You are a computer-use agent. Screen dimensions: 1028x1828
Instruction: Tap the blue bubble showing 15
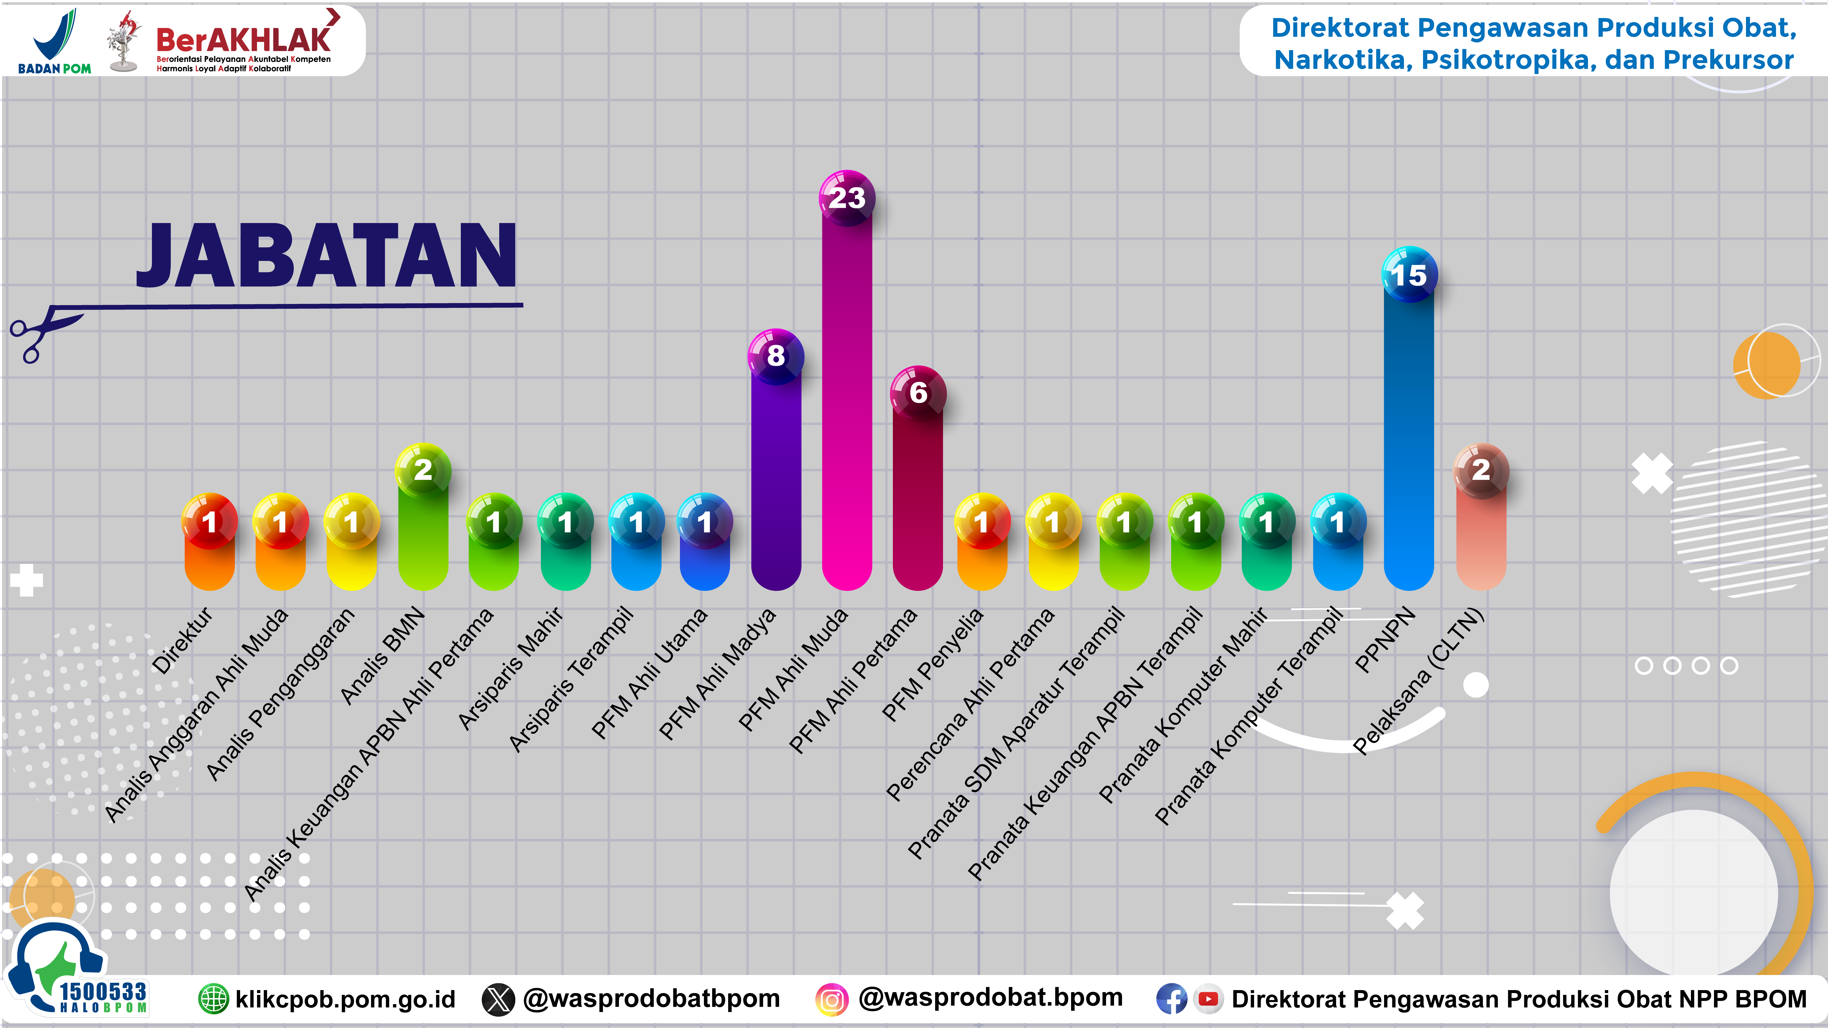tap(1409, 275)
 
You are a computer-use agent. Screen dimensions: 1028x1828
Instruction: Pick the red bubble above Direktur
tap(209, 521)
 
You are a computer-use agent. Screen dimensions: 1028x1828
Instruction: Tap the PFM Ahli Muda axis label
tap(793, 670)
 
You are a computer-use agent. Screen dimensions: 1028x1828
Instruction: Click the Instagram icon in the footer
tap(832, 1000)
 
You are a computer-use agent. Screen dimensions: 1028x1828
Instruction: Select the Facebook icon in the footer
tap(1171, 1000)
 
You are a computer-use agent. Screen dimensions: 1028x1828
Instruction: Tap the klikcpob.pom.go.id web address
tap(345, 1000)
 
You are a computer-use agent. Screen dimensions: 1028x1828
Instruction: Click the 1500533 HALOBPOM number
tap(103, 995)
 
